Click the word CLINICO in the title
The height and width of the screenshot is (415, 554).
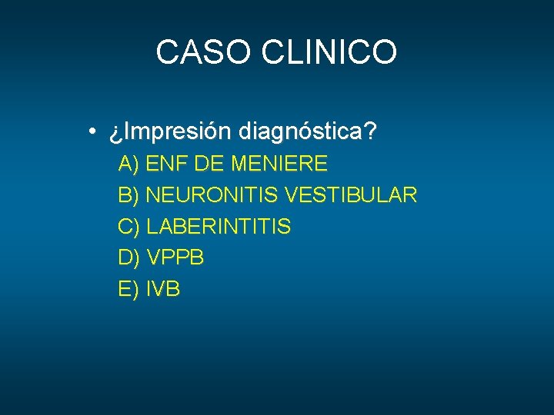click(x=329, y=52)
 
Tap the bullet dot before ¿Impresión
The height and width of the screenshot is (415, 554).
click(x=92, y=132)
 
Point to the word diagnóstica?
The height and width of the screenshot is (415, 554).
click(x=308, y=132)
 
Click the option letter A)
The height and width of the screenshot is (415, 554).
click(x=128, y=164)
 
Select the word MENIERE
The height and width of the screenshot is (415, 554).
click(x=279, y=164)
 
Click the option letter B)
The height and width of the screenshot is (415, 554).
click(x=128, y=195)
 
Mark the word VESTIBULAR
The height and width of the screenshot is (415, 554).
click(x=351, y=195)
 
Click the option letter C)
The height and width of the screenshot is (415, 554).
click(x=128, y=227)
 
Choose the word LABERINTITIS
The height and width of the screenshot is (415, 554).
click(x=219, y=227)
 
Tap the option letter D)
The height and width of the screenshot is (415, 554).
click(x=128, y=258)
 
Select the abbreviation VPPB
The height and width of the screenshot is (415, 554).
click(x=175, y=258)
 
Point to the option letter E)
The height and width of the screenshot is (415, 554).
click(x=128, y=290)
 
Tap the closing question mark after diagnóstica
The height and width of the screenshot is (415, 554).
click(x=372, y=131)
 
